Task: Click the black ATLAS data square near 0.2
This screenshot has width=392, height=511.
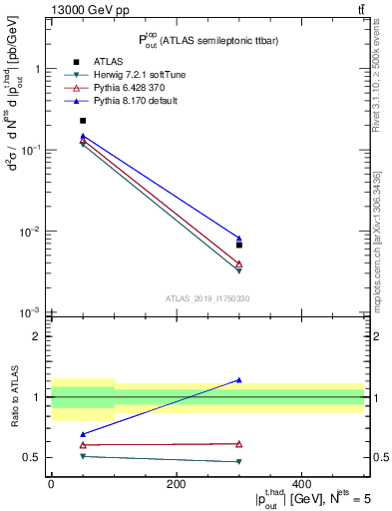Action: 83,121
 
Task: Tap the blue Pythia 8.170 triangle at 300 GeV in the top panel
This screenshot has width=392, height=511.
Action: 239,239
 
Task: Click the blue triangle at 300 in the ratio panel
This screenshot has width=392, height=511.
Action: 239,380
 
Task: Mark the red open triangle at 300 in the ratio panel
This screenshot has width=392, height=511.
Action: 239,443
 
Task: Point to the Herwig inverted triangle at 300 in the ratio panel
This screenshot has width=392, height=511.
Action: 239,461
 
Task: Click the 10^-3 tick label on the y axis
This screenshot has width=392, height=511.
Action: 30,313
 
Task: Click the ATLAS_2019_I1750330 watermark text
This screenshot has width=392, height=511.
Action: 206,298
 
